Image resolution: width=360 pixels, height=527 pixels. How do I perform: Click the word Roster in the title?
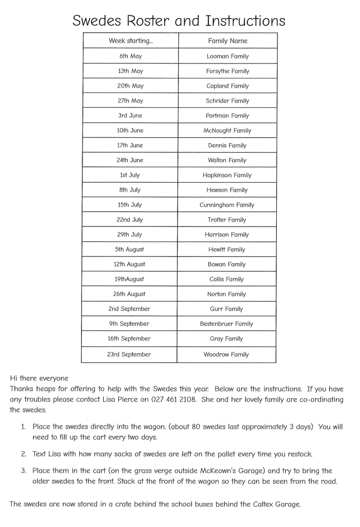[x=147, y=21]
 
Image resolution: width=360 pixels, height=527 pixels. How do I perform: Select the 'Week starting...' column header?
[x=131, y=41]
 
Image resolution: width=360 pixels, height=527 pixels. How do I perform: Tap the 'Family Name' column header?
[x=228, y=41]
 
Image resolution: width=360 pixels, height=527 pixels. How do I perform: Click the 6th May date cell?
[x=131, y=56]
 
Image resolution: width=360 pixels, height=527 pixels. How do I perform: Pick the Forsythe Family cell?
[x=228, y=71]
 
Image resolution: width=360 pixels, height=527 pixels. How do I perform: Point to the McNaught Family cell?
[x=227, y=131]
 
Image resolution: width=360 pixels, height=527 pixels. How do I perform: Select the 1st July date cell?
[x=130, y=175]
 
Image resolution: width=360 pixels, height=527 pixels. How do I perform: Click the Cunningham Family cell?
[x=227, y=205]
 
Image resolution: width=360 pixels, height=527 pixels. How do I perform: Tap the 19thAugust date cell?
[x=129, y=279]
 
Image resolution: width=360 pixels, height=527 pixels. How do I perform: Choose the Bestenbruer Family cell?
[x=226, y=324]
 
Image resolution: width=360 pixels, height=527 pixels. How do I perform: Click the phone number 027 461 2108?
[x=174, y=399]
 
